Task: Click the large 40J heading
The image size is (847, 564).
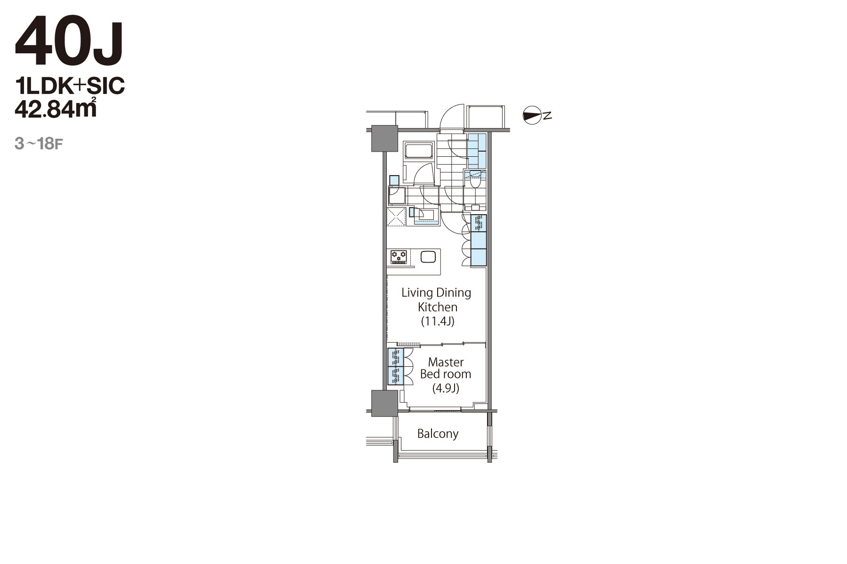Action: click(70, 42)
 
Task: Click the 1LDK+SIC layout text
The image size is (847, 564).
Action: click(70, 86)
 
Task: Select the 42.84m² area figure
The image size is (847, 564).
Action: click(56, 108)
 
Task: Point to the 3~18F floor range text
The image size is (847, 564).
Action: click(39, 144)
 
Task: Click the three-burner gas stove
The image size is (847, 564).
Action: click(399, 257)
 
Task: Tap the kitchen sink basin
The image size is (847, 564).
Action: click(428, 257)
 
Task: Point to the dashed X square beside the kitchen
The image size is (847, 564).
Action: click(396, 217)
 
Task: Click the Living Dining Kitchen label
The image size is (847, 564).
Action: click(437, 299)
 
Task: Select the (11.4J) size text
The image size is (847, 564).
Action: click(438, 322)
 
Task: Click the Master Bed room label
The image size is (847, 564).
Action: click(446, 368)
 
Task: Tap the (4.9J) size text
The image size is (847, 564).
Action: click(446, 388)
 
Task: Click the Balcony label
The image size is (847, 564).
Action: click(438, 434)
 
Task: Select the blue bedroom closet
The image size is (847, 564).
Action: click(396, 367)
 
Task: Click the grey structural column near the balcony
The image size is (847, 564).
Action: click(384, 403)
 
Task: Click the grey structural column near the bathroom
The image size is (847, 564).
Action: click(384, 138)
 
